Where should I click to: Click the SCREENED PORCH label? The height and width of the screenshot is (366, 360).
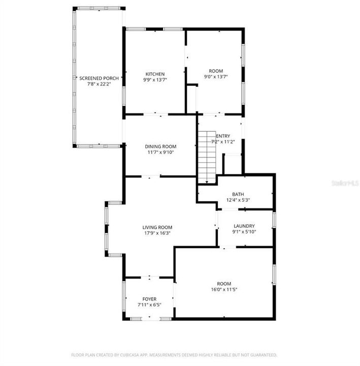[99, 78]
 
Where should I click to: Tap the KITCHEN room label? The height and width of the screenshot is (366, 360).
[155, 74]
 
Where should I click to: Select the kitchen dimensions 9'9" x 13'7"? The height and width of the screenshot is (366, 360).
[155, 80]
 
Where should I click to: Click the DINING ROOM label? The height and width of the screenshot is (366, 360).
[160, 146]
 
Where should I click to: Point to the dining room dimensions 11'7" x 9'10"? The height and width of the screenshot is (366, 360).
[160, 152]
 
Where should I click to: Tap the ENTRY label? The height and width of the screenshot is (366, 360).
[223, 136]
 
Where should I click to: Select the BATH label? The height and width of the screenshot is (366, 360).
[238, 194]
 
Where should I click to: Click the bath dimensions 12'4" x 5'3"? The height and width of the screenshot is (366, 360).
[238, 200]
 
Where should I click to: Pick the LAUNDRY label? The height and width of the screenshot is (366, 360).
[244, 226]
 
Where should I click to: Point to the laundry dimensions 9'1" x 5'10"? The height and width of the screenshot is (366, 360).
[244, 232]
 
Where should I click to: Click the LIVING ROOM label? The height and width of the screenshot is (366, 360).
[157, 227]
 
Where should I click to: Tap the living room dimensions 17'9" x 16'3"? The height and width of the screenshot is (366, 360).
[157, 233]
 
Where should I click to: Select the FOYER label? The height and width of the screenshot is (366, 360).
[149, 299]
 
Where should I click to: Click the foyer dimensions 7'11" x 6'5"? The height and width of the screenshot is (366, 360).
[149, 305]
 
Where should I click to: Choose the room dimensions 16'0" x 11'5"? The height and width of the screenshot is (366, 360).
[224, 290]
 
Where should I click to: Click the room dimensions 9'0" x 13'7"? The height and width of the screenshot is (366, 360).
[216, 77]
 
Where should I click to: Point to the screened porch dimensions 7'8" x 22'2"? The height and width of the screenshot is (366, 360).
[99, 84]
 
